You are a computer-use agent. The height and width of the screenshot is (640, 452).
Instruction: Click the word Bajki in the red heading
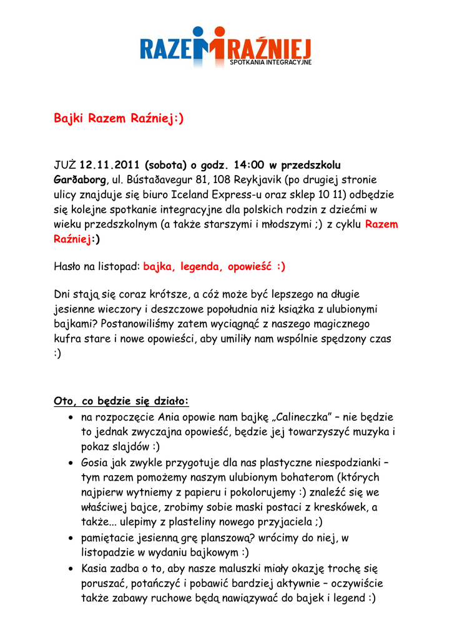(69, 119)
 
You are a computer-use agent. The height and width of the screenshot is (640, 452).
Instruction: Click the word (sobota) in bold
(166, 166)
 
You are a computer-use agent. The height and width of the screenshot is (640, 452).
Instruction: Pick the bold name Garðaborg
(76, 180)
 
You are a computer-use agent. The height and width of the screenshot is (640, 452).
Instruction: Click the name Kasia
(96, 569)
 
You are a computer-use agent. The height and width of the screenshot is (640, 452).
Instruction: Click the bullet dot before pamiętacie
(72, 539)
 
